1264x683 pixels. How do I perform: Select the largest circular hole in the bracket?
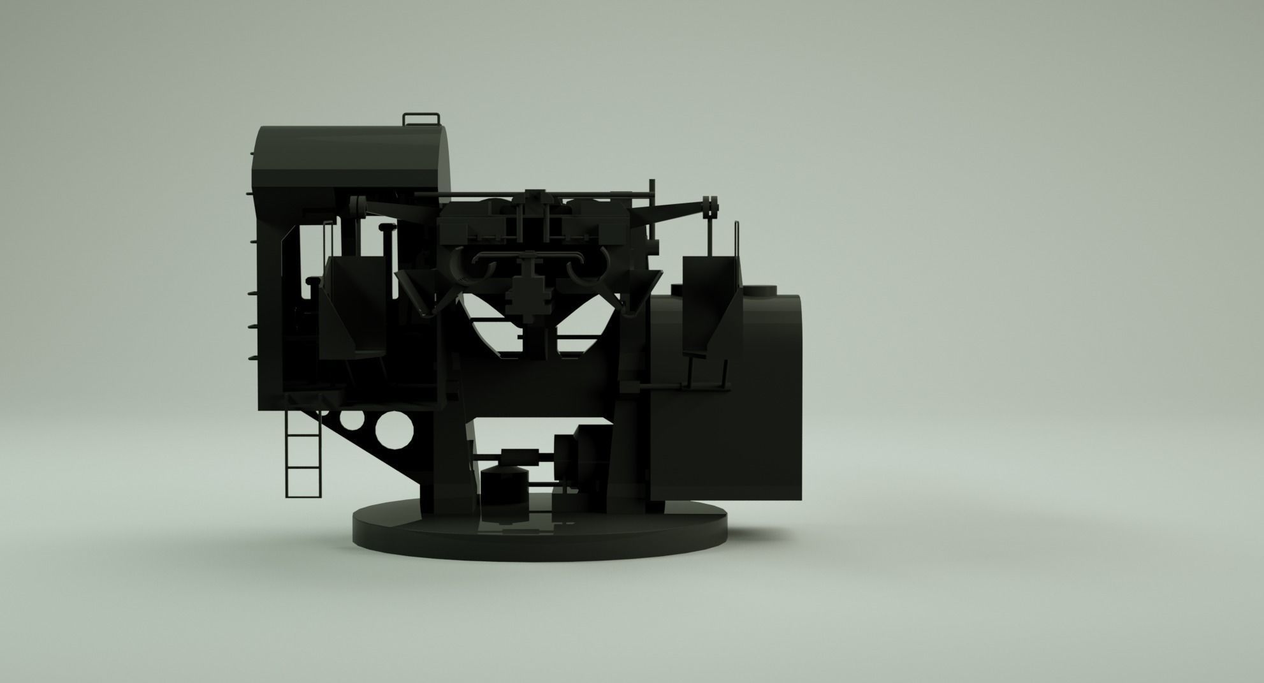click(x=394, y=430)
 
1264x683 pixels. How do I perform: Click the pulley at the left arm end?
click(x=359, y=206)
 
